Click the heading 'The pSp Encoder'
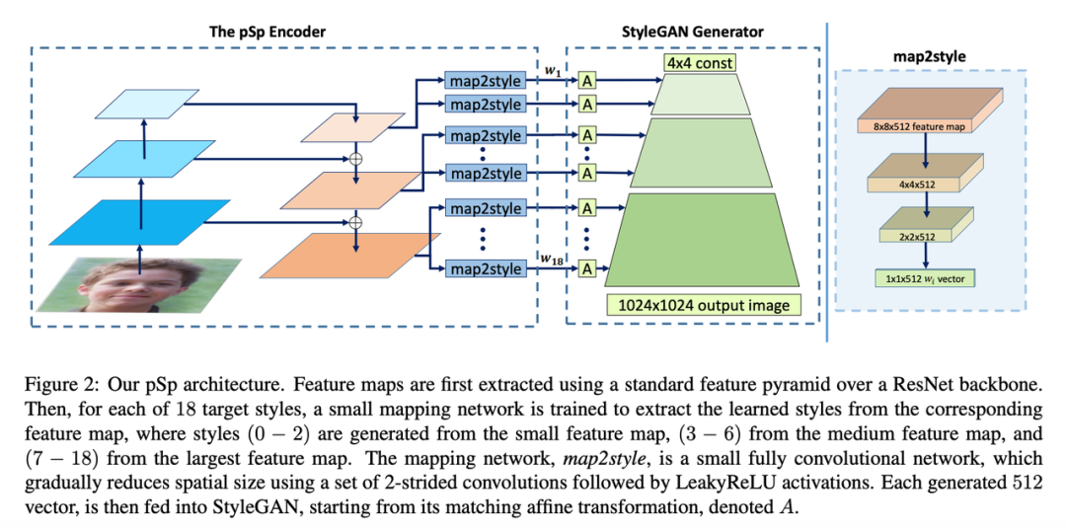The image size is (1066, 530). coord(266,32)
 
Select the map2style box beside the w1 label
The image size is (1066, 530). coord(485,80)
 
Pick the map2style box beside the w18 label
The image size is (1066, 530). coord(485,268)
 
